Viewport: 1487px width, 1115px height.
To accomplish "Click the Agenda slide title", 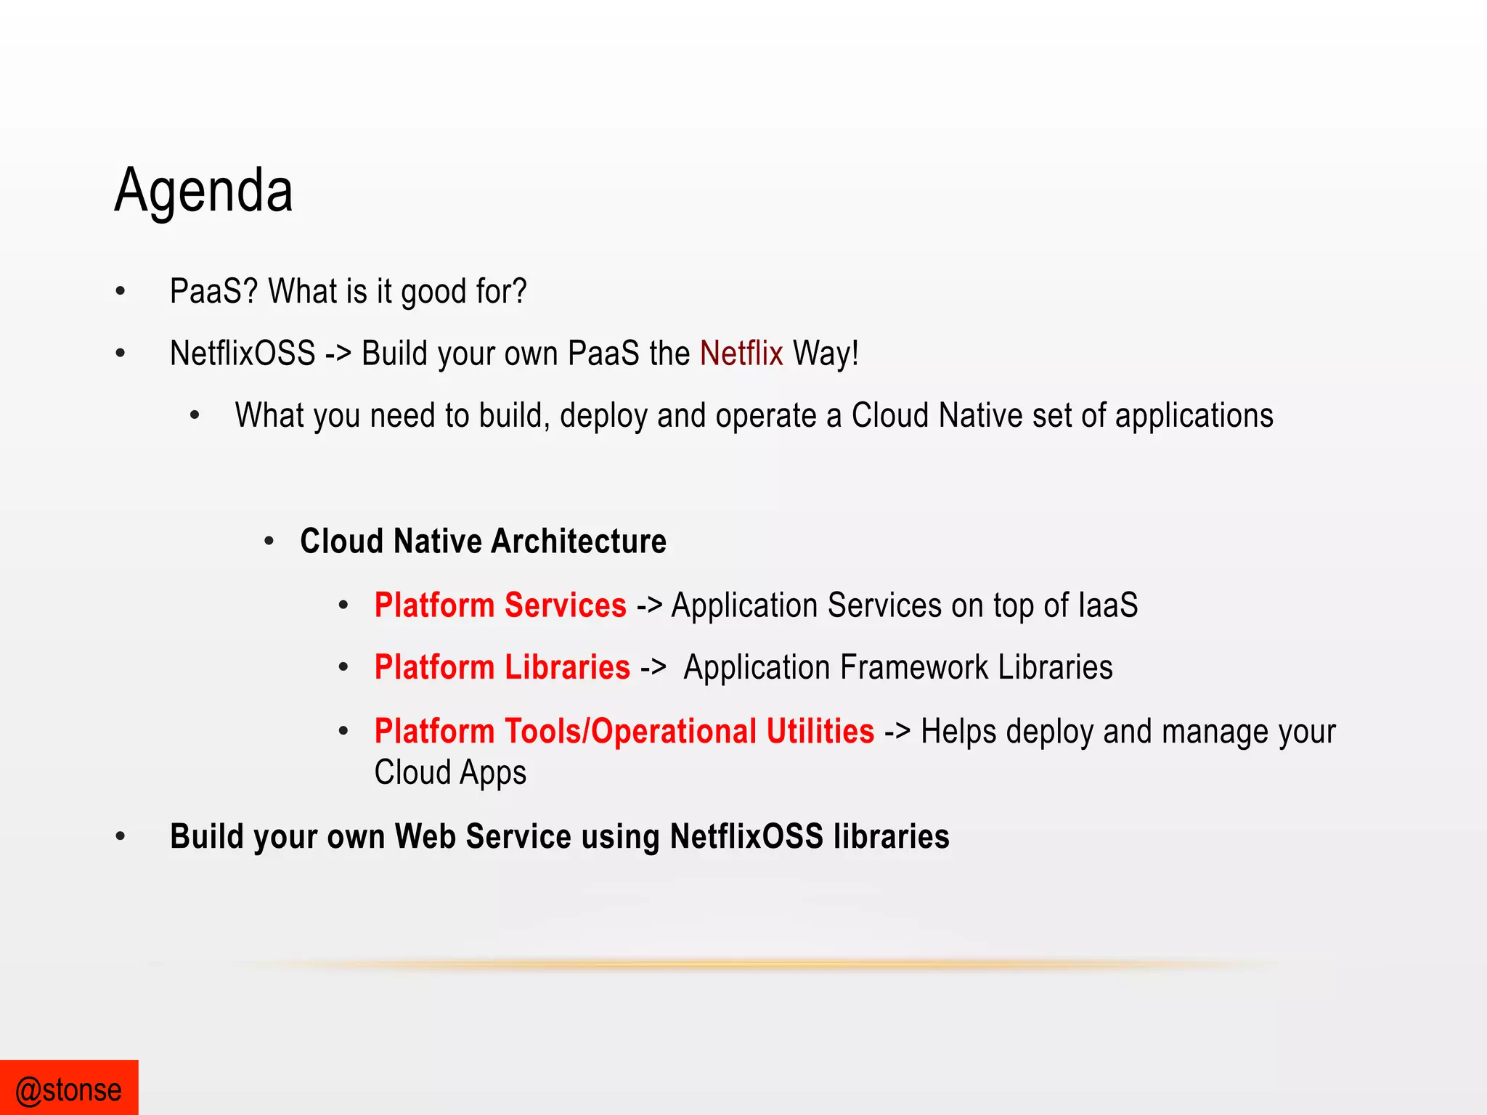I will [x=204, y=190].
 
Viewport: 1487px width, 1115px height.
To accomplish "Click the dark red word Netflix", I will [x=741, y=354].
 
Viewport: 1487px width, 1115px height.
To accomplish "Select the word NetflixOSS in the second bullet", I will [x=243, y=354].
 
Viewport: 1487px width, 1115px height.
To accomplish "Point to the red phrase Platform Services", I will [x=500, y=605].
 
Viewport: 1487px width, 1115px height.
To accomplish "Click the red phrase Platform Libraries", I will [x=502, y=667].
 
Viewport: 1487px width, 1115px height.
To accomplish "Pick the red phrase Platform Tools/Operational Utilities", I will [x=624, y=731].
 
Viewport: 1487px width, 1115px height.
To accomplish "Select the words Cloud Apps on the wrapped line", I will [x=450, y=772].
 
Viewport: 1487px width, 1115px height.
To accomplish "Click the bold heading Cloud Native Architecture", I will [x=484, y=542].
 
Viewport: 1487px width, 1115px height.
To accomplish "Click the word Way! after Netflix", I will [x=826, y=354].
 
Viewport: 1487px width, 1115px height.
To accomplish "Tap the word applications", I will [x=1194, y=416].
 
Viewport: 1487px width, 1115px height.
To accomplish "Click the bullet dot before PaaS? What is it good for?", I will [x=121, y=292].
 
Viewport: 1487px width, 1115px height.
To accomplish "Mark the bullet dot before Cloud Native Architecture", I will [x=269, y=542].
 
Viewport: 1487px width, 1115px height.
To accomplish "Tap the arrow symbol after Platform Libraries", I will [x=653, y=668].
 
